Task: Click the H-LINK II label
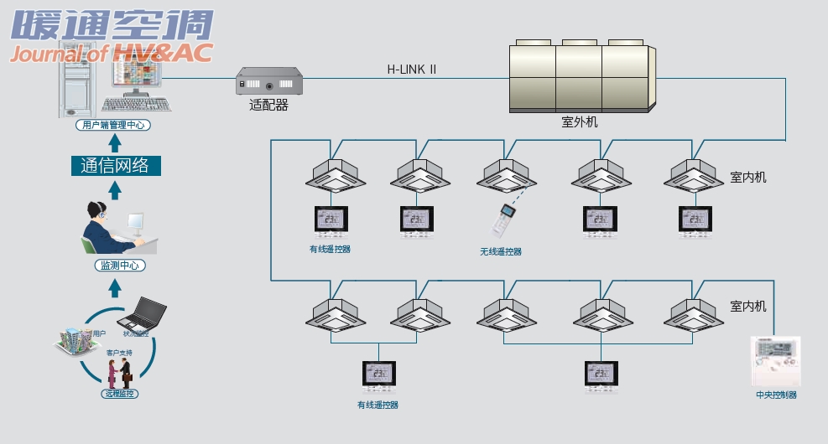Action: pyautogui.click(x=411, y=70)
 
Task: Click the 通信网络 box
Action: pyautogui.click(x=115, y=165)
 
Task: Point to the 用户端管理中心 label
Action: pyautogui.click(x=114, y=126)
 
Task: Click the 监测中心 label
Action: pyautogui.click(x=116, y=266)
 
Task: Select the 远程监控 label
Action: pyautogui.click(x=118, y=394)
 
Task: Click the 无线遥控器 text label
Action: pyautogui.click(x=501, y=251)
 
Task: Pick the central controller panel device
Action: pyautogui.click(x=775, y=361)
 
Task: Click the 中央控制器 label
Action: pyautogui.click(x=776, y=395)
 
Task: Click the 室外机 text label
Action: pyautogui.click(x=579, y=122)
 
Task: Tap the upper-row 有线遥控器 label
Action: pyautogui.click(x=330, y=249)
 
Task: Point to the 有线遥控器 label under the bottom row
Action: pyautogui.click(x=378, y=405)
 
